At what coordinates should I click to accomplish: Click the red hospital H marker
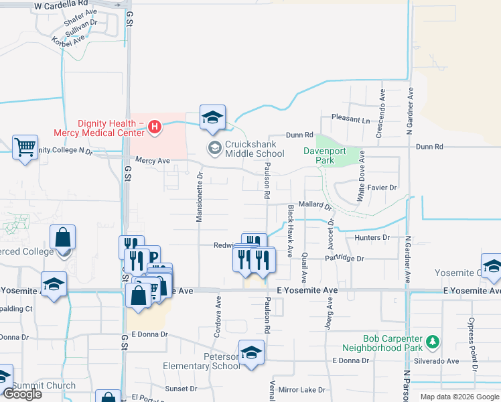coord(155,127)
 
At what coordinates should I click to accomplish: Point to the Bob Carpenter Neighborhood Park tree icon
coord(433,342)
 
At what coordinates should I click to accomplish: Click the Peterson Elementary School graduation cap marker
coord(251,353)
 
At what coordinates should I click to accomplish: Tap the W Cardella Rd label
coord(61,5)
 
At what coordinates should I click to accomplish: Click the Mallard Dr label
coord(315,205)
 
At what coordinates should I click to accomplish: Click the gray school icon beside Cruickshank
coord(214,147)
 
